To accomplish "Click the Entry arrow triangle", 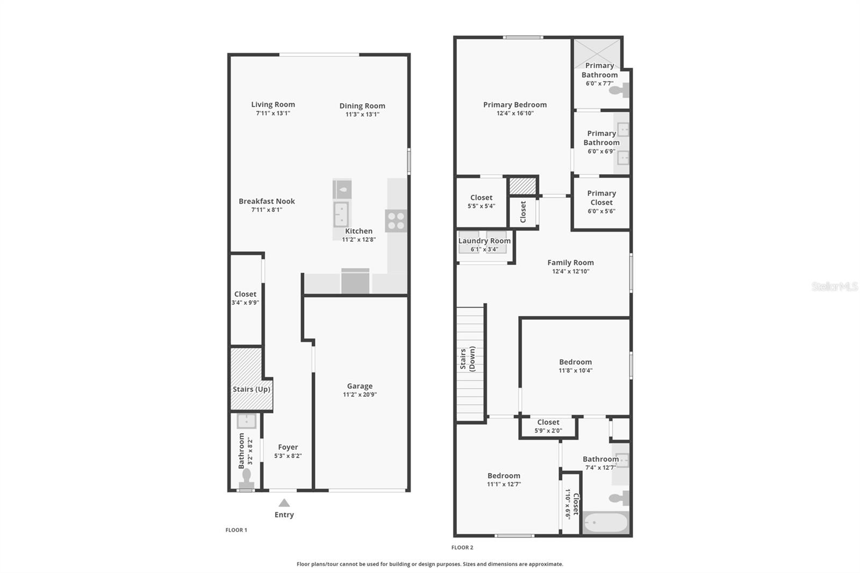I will [x=284, y=503].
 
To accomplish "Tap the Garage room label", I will [x=360, y=386].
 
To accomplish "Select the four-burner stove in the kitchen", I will [x=396, y=221].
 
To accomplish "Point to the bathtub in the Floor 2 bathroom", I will [x=605, y=522].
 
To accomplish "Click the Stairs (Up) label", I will [x=252, y=389].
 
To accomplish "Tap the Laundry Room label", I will [x=484, y=241].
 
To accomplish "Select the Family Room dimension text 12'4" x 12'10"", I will [x=571, y=271].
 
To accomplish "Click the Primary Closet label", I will [x=601, y=198].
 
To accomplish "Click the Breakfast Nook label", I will [x=267, y=201].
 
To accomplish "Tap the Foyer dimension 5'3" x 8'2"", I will [x=288, y=456].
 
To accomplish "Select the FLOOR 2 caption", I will [x=462, y=547].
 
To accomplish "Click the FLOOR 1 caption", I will [x=236, y=530].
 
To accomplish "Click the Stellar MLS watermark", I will [x=835, y=286].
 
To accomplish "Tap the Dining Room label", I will [x=362, y=106].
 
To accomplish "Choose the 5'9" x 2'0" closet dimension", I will [x=548, y=431].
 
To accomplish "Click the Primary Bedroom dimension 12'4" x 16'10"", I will [x=515, y=113].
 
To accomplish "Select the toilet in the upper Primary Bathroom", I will [x=620, y=90].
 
